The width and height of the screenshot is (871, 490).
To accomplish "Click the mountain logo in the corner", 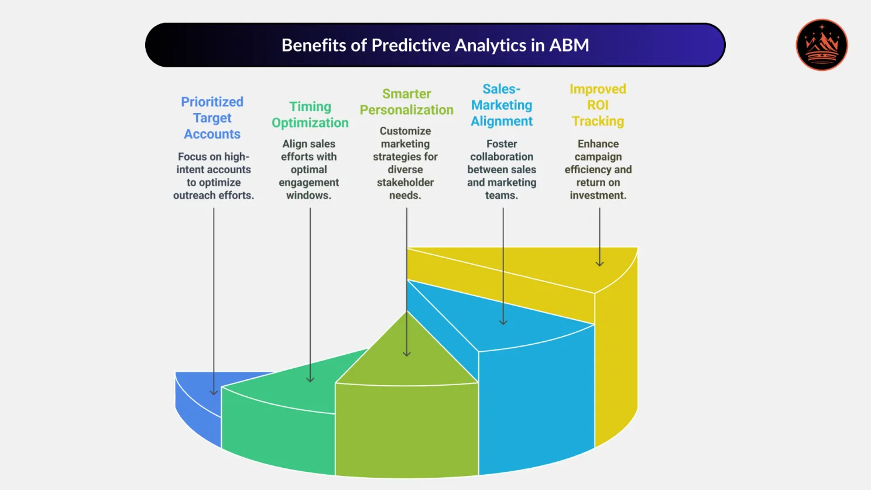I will click(x=822, y=45).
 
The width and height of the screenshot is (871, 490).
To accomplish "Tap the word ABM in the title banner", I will click(x=569, y=45).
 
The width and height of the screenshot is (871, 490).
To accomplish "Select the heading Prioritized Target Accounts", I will click(x=212, y=118).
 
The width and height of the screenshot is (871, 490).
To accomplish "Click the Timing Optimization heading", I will click(x=310, y=115).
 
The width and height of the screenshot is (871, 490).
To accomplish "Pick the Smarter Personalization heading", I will click(x=406, y=102).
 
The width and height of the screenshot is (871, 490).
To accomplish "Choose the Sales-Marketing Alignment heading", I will click(x=502, y=105).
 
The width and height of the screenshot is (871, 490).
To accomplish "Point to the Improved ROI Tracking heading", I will click(x=598, y=105).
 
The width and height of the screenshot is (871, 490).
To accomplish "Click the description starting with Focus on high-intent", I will click(x=214, y=176).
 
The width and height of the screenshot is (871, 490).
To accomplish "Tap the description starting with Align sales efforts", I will click(x=308, y=169).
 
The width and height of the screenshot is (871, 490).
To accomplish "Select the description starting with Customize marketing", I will click(x=405, y=163).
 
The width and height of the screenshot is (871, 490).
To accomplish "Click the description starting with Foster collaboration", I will click(x=502, y=169).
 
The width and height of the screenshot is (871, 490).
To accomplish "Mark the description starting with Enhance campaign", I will click(x=598, y=169).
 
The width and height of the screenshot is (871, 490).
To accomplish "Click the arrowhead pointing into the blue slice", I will click(x=214, y=392).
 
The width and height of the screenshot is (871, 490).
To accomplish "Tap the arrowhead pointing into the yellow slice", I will click(x=599, y=263).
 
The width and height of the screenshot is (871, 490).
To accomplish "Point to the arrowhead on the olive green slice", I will click(x=406, y=353).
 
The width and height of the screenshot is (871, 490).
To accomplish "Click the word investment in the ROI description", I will click(x=598, y=196).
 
